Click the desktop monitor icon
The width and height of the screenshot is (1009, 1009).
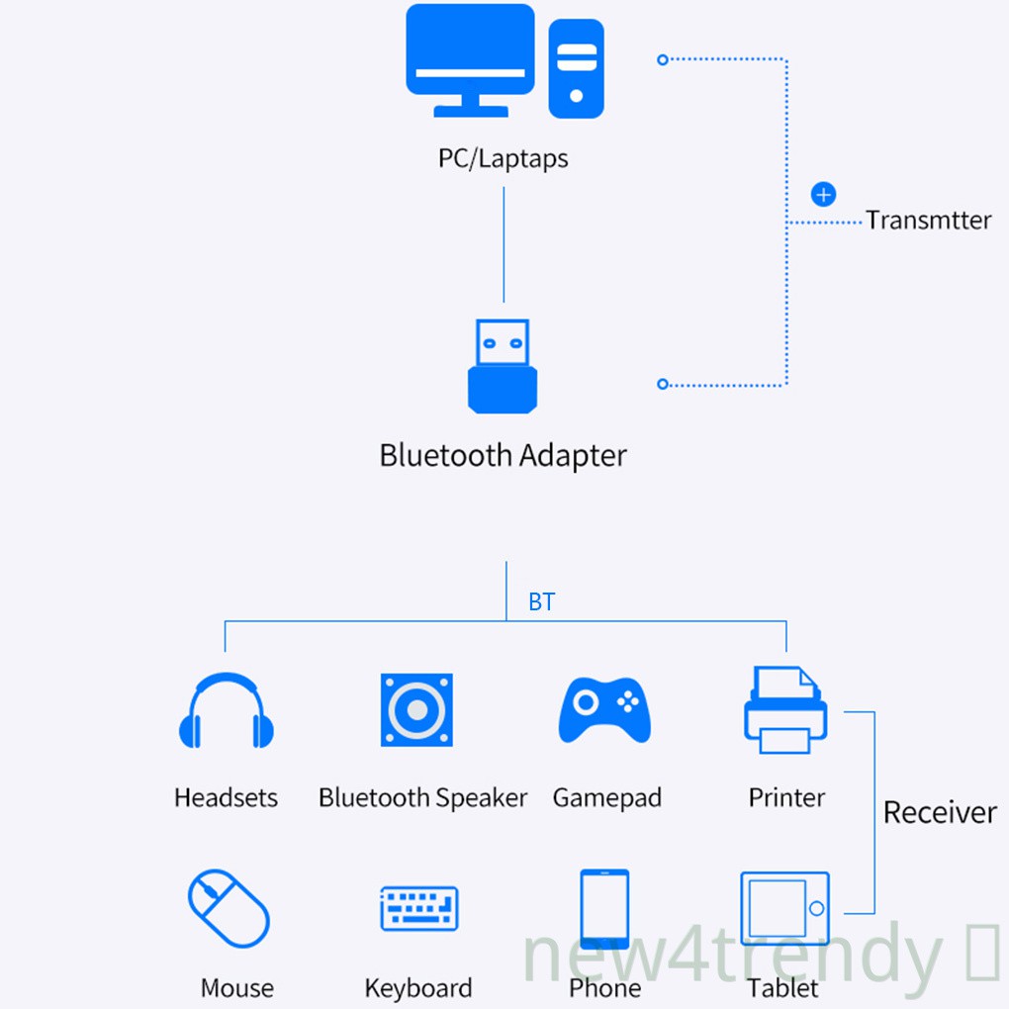pyautogui.click(x=470, y=60)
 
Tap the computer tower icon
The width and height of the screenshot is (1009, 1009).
pyautogui.click(x=576, y=69)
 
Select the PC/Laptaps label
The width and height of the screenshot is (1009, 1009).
pyautogui.click(x=504, y=158)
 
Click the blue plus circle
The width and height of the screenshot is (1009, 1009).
pyautogui.click(x=823, y=194)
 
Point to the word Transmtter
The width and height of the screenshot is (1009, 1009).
pyautogui.click(x=928, y=220)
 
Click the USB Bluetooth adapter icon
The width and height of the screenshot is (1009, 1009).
pyautogui.click(x=503, y=366)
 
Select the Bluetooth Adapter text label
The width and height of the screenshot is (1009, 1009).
pyautogui.click(x=504, y=456)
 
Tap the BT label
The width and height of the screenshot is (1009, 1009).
pyautogui.click(x=542, y=601)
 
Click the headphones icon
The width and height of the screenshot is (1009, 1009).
pyautogui.click(x=226, y=710)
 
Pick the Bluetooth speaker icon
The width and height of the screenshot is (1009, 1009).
pyautogui.click(x=417, y=710)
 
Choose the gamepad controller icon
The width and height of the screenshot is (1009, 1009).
pyautogui.click(x=604, y=710)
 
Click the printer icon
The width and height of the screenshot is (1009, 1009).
pyautogui.click(x=785, y=710)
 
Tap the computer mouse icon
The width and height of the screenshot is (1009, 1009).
pyautogui.click(x=229, y=909)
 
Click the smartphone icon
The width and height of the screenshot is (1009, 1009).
pyautogui.click(x=604, y=909)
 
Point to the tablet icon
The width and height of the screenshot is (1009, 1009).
pyautogui.click(x=785, y=909)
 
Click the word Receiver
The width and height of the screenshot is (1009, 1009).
pyautogui.click(x=940, y=813)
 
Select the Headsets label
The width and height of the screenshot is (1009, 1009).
pyautogui.click(x=226, y=798)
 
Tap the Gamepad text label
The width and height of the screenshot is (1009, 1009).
pyautogui.click(x=606, y=798)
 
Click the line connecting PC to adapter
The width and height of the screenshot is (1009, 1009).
pyautogui.click(x=504, y=244)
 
